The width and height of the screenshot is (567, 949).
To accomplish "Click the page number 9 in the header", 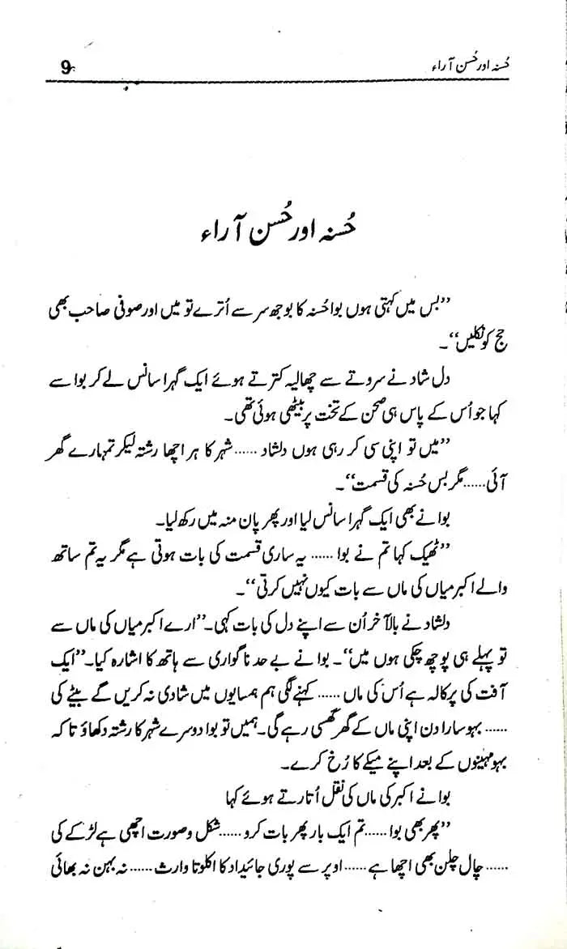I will [67, 70].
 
